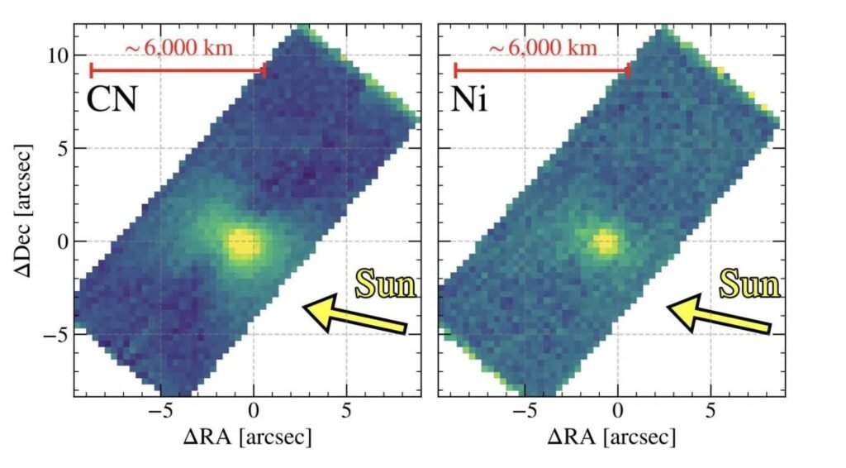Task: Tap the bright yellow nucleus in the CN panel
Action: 243,245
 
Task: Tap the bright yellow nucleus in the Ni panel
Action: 606,243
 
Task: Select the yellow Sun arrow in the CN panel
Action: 355,315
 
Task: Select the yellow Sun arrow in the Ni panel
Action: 718,315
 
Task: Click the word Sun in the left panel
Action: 386,284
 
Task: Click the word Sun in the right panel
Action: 749,284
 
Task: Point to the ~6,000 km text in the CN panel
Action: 178,48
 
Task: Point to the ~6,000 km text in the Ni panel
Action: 542,48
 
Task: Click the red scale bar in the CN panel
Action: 177,70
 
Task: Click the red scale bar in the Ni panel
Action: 541,70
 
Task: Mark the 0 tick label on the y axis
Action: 59,241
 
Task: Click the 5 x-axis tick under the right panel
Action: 711,410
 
